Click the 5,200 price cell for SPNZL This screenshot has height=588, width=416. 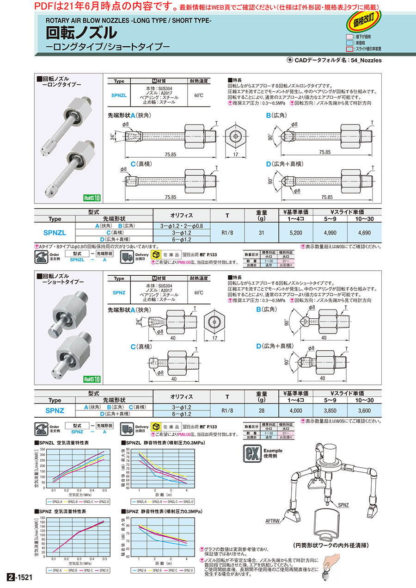pyautogui.click(x=295, y=233)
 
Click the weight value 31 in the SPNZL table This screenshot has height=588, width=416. pyautogui.click(x=262, y=233)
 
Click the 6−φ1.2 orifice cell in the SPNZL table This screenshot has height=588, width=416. pyautogui.click(x=182, y=239)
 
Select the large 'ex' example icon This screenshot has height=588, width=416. pyautogui.click(x=252, y=453)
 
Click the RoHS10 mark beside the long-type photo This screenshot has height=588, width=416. pyautogui.click(x=92, y=198)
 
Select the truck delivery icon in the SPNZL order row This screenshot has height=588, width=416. pyautogui.click(x=128, y=256)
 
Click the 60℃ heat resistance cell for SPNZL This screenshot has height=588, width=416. pyautogui.click(x=199, y=96)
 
